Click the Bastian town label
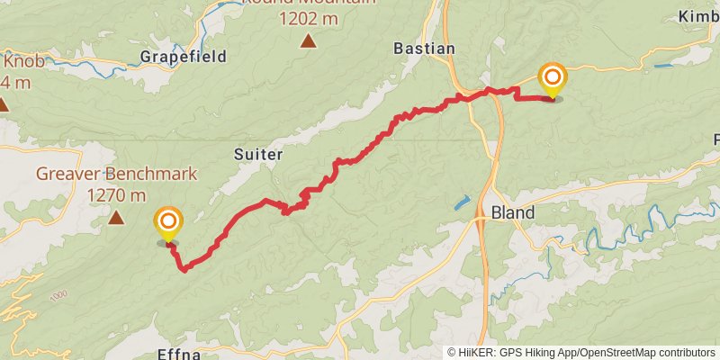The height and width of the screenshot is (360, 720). coord(425,48)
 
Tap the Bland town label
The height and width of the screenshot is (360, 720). coord(513,213)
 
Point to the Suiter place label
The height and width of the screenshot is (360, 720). coord(258,154)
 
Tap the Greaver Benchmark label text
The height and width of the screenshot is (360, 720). coord(116,174)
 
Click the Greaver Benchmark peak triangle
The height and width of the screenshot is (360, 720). coord(116,217)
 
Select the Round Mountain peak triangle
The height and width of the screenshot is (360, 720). coord(309,40)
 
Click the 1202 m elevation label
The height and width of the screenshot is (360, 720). coord(309,18)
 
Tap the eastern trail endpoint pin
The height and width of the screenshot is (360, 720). coord(551,79)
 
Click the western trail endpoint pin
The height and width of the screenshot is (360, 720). coord(167,224)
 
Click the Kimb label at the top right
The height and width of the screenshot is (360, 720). coord(699,17)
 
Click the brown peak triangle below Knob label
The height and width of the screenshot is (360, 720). coord(3,105)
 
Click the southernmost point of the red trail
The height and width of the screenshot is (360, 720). coord(184,269)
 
